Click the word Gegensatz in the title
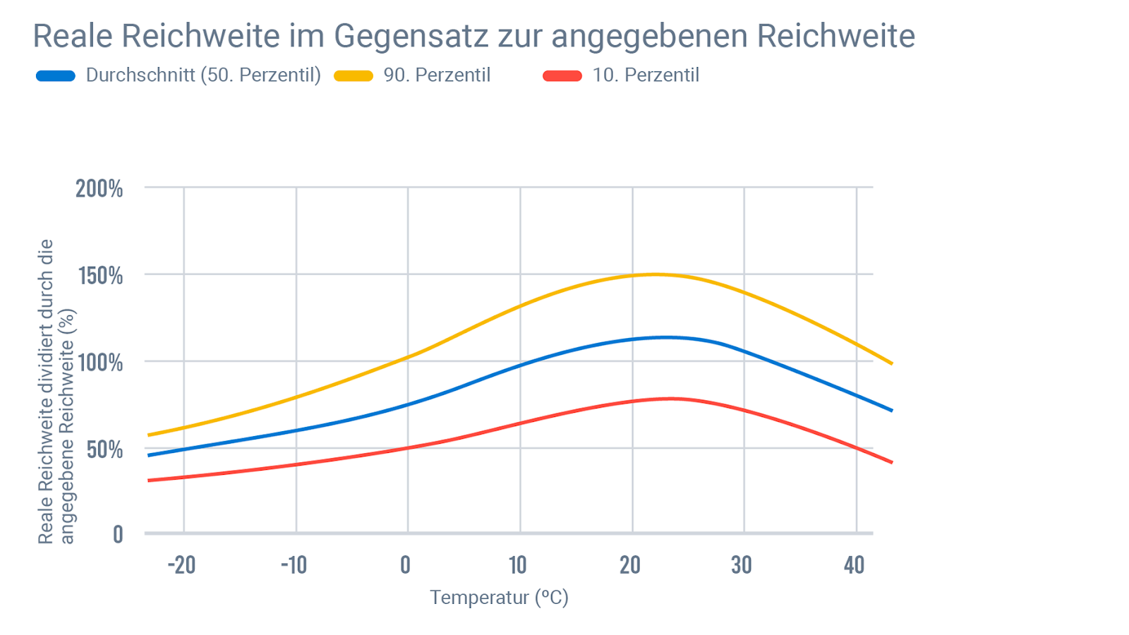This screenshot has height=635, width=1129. [x=411, y=37]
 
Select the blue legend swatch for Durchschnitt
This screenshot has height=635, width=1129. [x=56, y=76]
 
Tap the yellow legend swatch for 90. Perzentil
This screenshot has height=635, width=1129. [x=354, y=76]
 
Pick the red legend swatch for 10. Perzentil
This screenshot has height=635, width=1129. [x=562, y=76]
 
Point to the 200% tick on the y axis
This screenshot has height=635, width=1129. [x=99, y=188]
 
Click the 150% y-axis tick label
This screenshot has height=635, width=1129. [x=100, y=276]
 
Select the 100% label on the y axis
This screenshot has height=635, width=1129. [x=100, y=363]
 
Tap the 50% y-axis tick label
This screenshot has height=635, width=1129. [x=104, y=449]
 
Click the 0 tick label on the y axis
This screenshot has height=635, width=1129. [x=118, y=535]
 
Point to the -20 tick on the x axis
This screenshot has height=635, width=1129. [x=181, y=565]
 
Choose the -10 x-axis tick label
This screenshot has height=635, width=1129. [x=294, y=565]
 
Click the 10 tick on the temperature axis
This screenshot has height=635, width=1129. [x=518, y=565]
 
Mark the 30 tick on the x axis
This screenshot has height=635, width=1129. [x=742, y=565]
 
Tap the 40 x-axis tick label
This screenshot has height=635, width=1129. [x=854, y=565]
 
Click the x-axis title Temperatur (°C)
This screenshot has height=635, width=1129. [x=499, y=598]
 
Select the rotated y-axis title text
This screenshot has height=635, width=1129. [x=56, y=392]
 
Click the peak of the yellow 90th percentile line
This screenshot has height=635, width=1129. [x=653, y=274]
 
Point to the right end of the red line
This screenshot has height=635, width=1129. [x=892, y=462]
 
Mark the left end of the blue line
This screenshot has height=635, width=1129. [x=149, y=455]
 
